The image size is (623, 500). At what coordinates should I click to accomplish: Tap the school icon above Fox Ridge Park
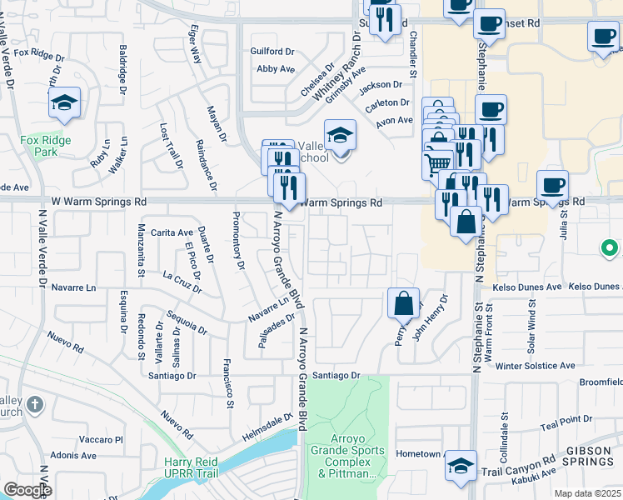tap(64, 104)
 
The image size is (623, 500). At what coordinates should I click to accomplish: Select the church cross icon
tap(33, 405)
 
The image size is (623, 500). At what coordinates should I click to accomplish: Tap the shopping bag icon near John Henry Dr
tap(403, 305)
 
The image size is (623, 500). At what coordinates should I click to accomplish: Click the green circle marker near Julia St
tap(610, 247)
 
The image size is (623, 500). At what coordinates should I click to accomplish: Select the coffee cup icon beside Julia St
tap(552, 186)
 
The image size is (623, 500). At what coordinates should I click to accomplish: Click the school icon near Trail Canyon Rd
tap(461, 466)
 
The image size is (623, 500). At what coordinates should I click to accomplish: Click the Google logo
tap(27, 490)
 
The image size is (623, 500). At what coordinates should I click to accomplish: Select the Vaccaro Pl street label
tap(101, 439)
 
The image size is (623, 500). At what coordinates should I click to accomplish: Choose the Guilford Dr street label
tap(273, 52)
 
